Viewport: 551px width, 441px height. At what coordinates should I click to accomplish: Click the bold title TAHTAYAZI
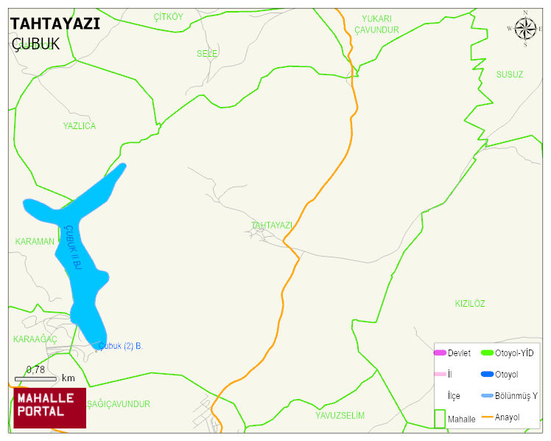(55, 24)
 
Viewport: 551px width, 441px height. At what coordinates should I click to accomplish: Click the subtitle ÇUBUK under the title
(36, 44)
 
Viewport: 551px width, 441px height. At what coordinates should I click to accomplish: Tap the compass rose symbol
(525, 29)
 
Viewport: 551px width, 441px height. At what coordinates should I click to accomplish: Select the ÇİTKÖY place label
(168, 17)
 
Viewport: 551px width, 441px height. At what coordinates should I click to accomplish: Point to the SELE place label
(207, 54)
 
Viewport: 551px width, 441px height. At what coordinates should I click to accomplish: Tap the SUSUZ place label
(509, 74)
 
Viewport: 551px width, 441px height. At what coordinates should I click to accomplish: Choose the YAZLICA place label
(79, 126)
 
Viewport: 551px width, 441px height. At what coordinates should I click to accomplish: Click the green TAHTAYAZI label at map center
(272, 225)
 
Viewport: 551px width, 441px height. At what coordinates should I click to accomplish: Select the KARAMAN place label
(35, 242)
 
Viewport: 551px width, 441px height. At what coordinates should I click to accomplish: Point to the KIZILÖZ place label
(470, 304)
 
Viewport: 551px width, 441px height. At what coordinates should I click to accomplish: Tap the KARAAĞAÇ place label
(35, 338)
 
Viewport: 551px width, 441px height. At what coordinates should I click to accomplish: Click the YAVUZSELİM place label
(340, 415)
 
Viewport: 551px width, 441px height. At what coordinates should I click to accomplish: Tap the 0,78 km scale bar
(44, 378)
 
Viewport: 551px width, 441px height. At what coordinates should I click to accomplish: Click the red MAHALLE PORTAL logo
(49, 408)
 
